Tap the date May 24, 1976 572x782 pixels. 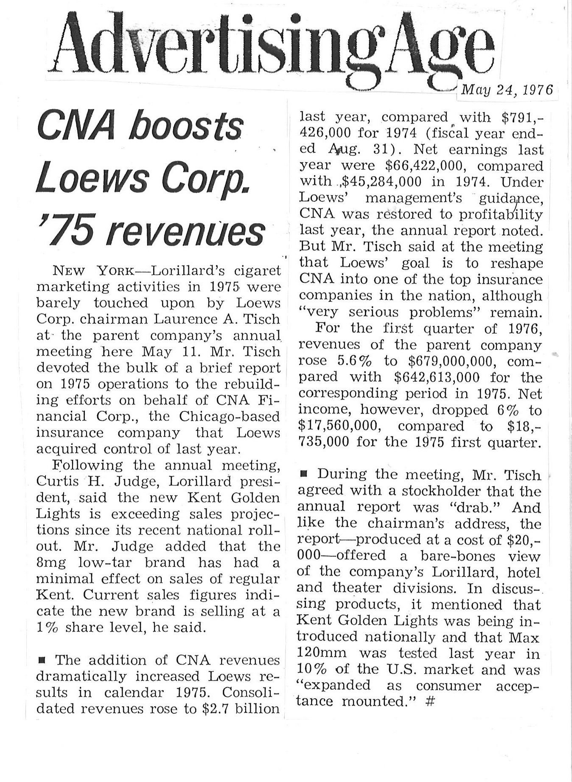tap(507, 90)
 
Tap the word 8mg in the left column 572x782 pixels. tap(51, 563)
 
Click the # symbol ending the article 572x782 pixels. tap(430, 701)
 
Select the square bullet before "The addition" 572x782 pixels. tap(42, 660)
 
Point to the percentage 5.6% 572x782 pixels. tap(354, 361)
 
